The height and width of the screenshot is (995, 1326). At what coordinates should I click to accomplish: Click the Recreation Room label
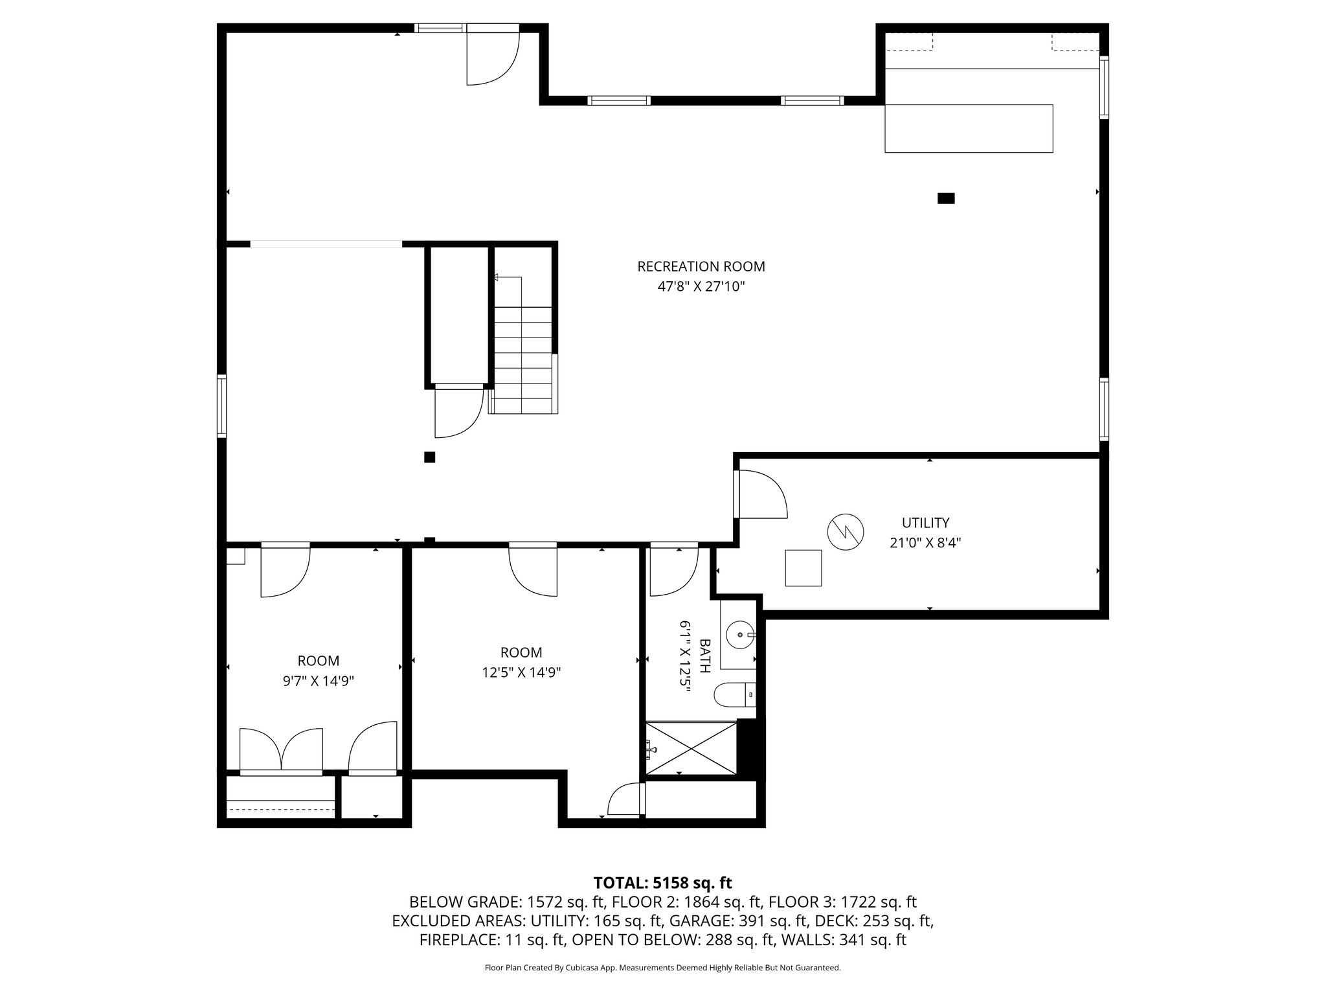click(x=701, y=266)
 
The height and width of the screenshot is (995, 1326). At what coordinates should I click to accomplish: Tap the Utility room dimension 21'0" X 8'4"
click(x=925, y=543)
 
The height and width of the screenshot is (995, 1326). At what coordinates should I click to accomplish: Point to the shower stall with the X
click(x=691, y=748)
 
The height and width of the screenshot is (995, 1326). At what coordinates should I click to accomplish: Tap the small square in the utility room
click(x=803, y=568)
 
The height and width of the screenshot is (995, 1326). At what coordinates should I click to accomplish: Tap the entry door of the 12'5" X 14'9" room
click(x=533, y=569)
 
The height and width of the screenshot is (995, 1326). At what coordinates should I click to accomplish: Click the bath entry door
click(x=673, y=570)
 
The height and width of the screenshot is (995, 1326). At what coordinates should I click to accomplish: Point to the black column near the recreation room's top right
click(x=946, y=199)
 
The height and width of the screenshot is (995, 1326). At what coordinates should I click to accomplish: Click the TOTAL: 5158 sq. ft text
click(x=662, y=883)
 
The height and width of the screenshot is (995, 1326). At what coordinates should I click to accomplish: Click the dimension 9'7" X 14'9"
click(x=318, y=681)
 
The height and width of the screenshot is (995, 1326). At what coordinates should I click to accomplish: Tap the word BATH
click(x=705, y=656)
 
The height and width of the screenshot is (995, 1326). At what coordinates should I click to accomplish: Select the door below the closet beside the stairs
click(x=458, y=412)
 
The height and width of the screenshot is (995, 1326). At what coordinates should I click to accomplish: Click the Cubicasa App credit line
click(x=662, y=968)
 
